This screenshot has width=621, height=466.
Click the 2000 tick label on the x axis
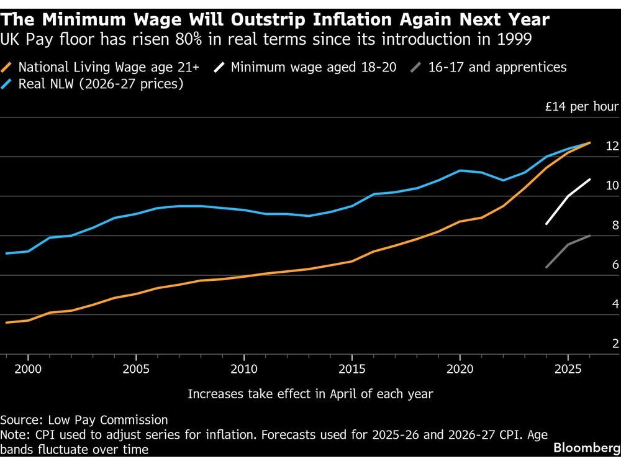(x=27, y=368)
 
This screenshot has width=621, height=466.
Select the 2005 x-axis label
(x=135, y=368)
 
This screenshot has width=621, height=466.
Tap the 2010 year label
(x=243, y=368)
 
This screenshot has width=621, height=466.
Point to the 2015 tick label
(x=351, y=368)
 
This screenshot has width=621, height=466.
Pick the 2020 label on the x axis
(x=460, y=368)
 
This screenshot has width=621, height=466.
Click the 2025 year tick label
(x=568, y=368)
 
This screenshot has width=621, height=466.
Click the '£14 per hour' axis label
(x=582, y=106)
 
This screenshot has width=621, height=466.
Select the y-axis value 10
(x=612, y=185)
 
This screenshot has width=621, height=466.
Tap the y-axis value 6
(x=615, y=265)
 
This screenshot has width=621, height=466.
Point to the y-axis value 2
(x=615, y=344)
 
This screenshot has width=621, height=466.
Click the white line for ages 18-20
(x=568, y=196)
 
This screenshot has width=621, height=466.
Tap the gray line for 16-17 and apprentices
(x=568, y=244)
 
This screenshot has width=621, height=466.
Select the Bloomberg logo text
(x=586, y=448)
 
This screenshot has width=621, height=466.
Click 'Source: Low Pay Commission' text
(x=84, y=420)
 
